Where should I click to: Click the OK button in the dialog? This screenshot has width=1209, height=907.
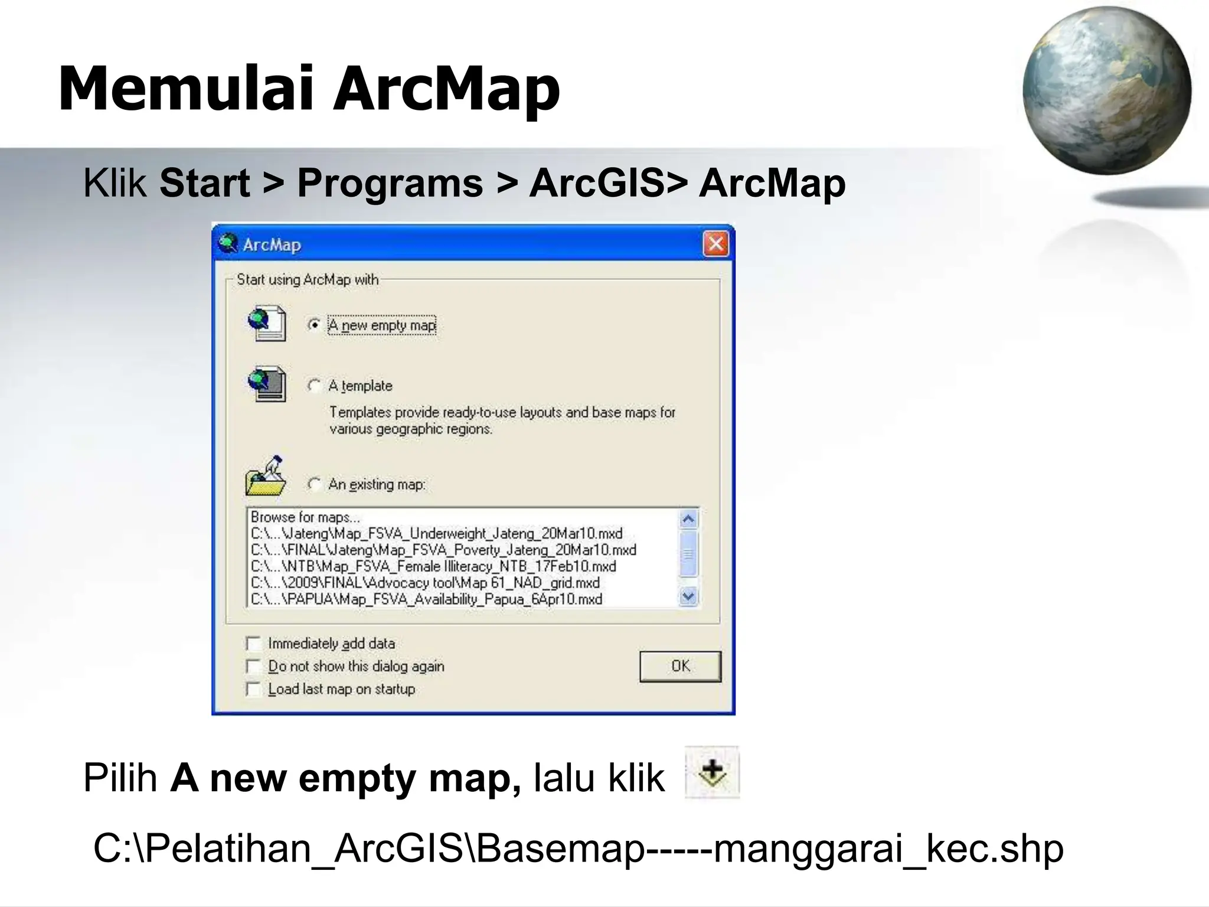680,666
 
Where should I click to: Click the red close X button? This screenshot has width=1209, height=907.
716,244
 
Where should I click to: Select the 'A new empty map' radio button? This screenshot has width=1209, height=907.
315,325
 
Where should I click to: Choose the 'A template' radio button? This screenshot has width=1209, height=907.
315,386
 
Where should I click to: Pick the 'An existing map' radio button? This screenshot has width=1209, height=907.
315,484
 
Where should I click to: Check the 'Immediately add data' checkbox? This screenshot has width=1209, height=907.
254,644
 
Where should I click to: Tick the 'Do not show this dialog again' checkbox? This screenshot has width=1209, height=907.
254,667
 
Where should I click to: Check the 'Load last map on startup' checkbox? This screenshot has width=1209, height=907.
254,689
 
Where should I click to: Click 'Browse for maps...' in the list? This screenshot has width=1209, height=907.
305,517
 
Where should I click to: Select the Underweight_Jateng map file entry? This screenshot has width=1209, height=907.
437,534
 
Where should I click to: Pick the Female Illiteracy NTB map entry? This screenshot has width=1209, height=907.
434,567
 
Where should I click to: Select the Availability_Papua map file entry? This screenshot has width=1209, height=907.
427,599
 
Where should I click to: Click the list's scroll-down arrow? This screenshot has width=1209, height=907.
688,597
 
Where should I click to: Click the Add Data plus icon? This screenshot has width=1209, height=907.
713,773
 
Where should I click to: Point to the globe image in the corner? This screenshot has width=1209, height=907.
1107,90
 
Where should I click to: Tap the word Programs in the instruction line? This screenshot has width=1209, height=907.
390,183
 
